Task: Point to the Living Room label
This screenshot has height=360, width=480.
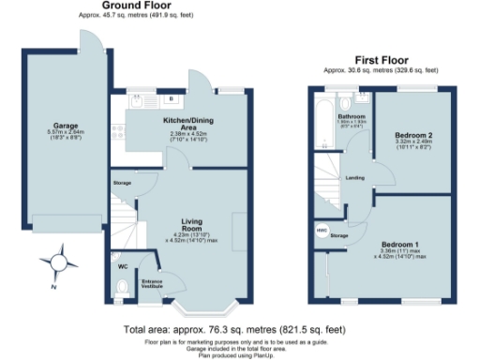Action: coord(191,225)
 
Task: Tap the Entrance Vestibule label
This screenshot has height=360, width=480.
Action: coord(152,281)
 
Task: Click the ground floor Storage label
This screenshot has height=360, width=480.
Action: coord(123,183)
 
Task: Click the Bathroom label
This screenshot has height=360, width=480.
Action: coord(351,117)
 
